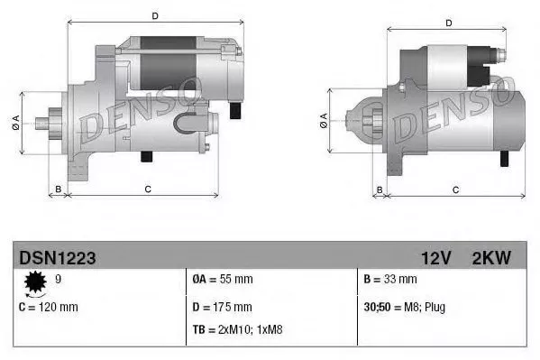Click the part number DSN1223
pyautogui.click(x=57, y=258)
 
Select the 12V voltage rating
pyautogui.click(x=435, y=258)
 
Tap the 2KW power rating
pyautogui.click(x=490, y=258)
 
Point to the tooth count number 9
pyautogui.click(x=59, y=281)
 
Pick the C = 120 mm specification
pyautogui.click(x=48, y=307)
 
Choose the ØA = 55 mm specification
pyautogui.click(x=224, y=281)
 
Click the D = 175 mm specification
pyautogui.click(x=222, y=307)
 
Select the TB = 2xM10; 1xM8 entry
pyautogui.click(x=235, y=328)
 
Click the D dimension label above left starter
pyautogui.click(x=155, y=15)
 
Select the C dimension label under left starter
pyautogui.click(x=148, y=189)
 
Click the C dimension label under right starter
pyautogui.click(x=455, y=189)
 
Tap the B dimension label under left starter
pyautogui.click(x=58, y=189)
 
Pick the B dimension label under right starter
pyautogui.click(x=380, y=189)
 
